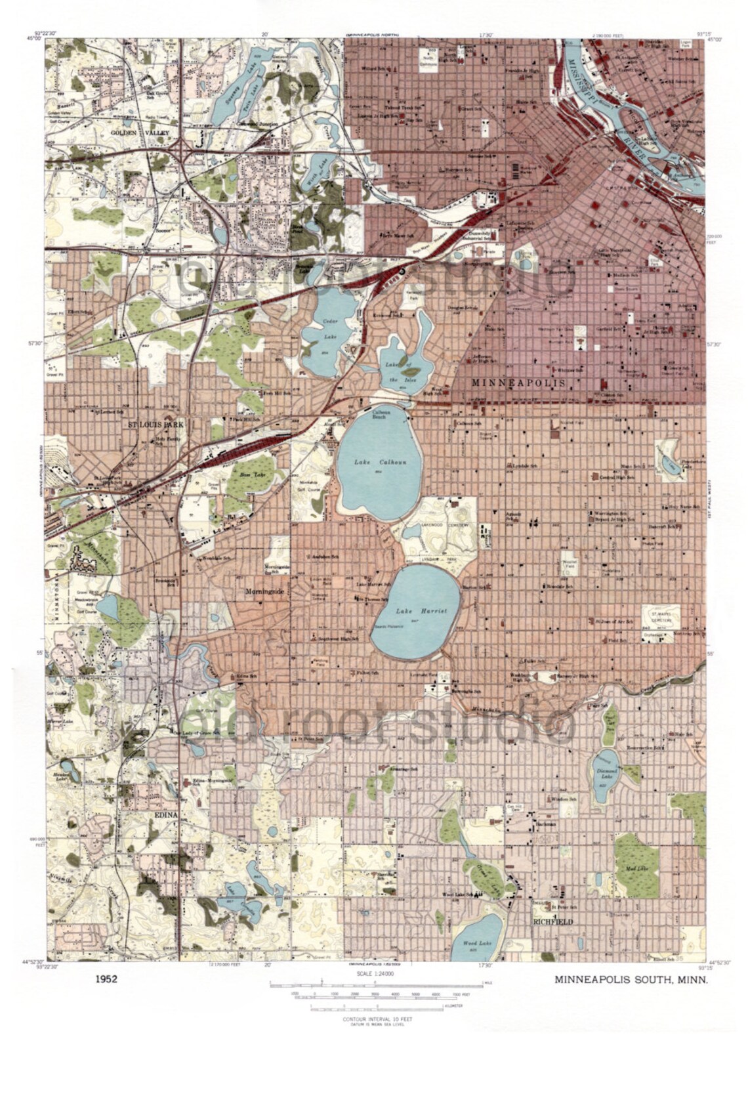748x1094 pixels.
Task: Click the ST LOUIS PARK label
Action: [x=156, y=425]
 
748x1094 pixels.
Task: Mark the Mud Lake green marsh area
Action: [x=637, y=863]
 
